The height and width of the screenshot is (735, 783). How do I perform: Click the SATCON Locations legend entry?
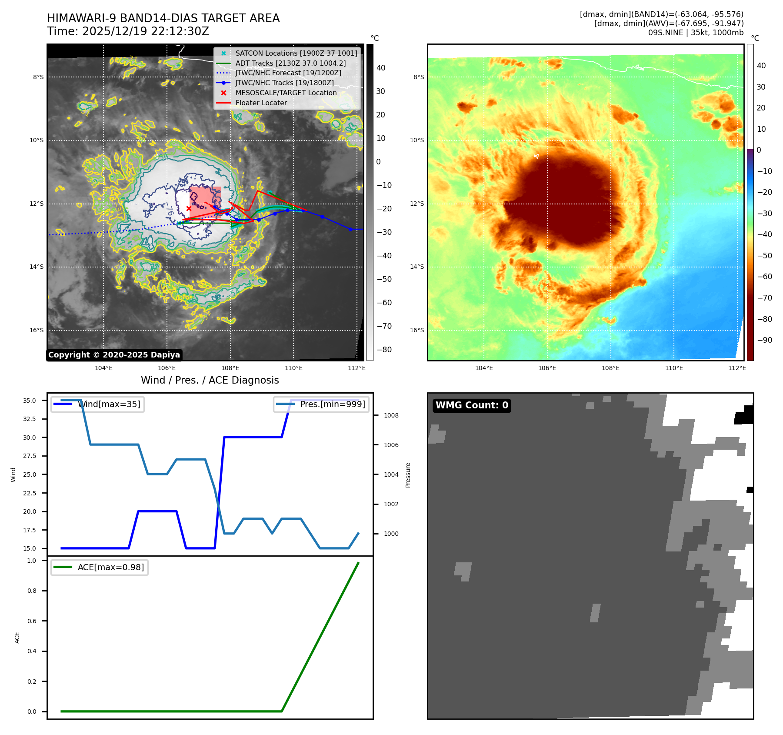(296, 53)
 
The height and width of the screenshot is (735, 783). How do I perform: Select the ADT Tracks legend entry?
(290, 63)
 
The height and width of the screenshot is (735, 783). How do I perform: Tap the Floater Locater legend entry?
(261, 103)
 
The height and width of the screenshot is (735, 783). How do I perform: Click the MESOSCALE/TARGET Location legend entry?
(286, 93)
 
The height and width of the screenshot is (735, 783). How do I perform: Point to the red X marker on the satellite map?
(189, 209)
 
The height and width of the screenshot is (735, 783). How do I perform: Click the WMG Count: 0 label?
(472, 405)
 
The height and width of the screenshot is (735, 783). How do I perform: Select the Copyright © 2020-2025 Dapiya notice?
(114, 355)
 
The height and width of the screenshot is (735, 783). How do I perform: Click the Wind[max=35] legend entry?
(109, 404)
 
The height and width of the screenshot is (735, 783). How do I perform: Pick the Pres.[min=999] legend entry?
(333, 404)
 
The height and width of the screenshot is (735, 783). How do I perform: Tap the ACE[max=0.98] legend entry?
(110, 568)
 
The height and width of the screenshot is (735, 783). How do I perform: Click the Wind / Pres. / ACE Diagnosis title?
(210, 381)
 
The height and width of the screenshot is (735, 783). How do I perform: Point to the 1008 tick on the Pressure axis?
(391, 415)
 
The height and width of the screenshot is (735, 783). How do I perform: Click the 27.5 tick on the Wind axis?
(30, 456)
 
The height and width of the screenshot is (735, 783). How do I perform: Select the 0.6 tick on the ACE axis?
(32, 621)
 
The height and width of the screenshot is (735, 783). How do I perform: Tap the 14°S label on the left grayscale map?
(37, 267)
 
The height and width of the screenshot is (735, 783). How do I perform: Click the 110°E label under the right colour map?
(674, 368)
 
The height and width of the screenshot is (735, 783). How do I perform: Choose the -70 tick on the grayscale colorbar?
(384, 326)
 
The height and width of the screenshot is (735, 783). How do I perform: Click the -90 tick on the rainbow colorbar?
(764, 340)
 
